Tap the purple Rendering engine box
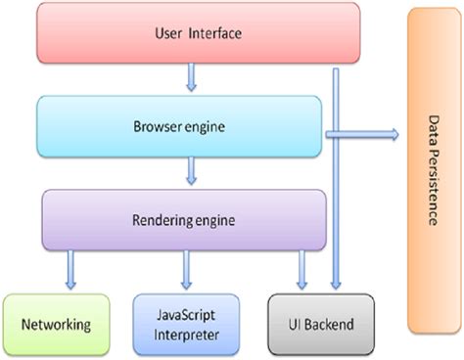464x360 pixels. click(x=184, y=217)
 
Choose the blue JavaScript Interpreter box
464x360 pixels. click(x=183, y=324)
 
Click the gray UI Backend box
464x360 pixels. click(x=305, y=324)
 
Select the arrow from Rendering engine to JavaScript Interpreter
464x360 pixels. click(x=185, y=269)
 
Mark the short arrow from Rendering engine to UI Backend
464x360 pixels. click(x=302, y=269)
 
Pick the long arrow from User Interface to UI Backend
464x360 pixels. click(x=336, y=196)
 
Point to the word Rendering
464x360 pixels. click(x=161, y=217)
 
